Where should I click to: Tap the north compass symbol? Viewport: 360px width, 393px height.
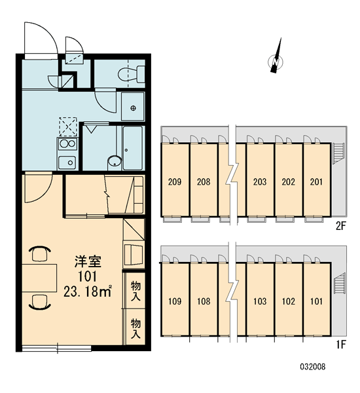coord(276,59)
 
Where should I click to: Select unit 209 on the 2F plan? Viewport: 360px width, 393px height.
coord(175,179)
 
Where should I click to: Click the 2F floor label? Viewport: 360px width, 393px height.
coord(341,227)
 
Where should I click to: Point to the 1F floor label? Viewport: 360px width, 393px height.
coord(341,345)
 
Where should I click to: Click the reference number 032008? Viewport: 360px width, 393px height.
coord(313,367)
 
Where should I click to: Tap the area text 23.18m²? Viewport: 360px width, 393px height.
coord(88,291)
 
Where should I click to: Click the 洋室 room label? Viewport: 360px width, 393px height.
coord(88,261)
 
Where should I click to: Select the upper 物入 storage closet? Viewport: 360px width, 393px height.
coord(135,291)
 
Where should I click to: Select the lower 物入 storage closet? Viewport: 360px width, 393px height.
coord(135,328)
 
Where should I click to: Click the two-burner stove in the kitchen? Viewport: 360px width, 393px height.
coord(67,144)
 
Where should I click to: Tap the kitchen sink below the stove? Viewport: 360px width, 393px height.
coord(67,162)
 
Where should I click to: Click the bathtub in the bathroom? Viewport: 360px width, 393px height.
coord(133,147)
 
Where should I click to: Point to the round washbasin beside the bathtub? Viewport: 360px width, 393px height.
coord(115,162)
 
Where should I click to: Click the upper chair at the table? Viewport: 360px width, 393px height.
coord(40,253)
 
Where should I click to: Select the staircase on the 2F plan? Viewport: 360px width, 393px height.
coord(338,153)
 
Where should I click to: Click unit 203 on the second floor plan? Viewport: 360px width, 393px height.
coord(260,179)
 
